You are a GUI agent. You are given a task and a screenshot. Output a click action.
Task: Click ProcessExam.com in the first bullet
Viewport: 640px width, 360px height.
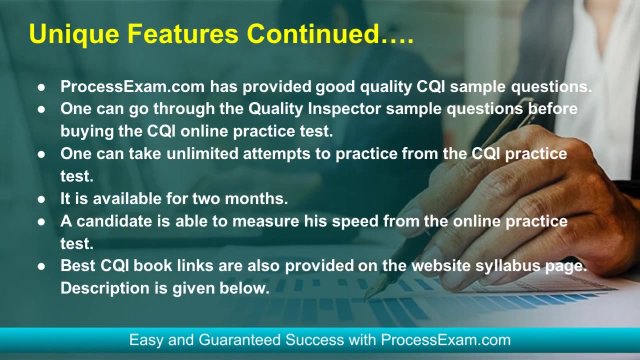click(x=132, y=86)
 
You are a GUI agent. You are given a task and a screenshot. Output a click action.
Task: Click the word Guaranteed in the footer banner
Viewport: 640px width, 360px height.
click(x=239, y=340)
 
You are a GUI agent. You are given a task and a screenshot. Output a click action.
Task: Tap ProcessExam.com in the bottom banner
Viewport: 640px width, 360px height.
click(x=445, y=340)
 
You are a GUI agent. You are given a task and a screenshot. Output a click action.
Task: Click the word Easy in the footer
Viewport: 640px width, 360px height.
click(x=146, y=340)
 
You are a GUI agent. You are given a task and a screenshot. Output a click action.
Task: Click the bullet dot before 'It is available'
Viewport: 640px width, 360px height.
click(x=42, y=199)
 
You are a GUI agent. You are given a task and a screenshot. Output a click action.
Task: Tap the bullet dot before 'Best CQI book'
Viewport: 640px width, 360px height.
click(x=42, y=266)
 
